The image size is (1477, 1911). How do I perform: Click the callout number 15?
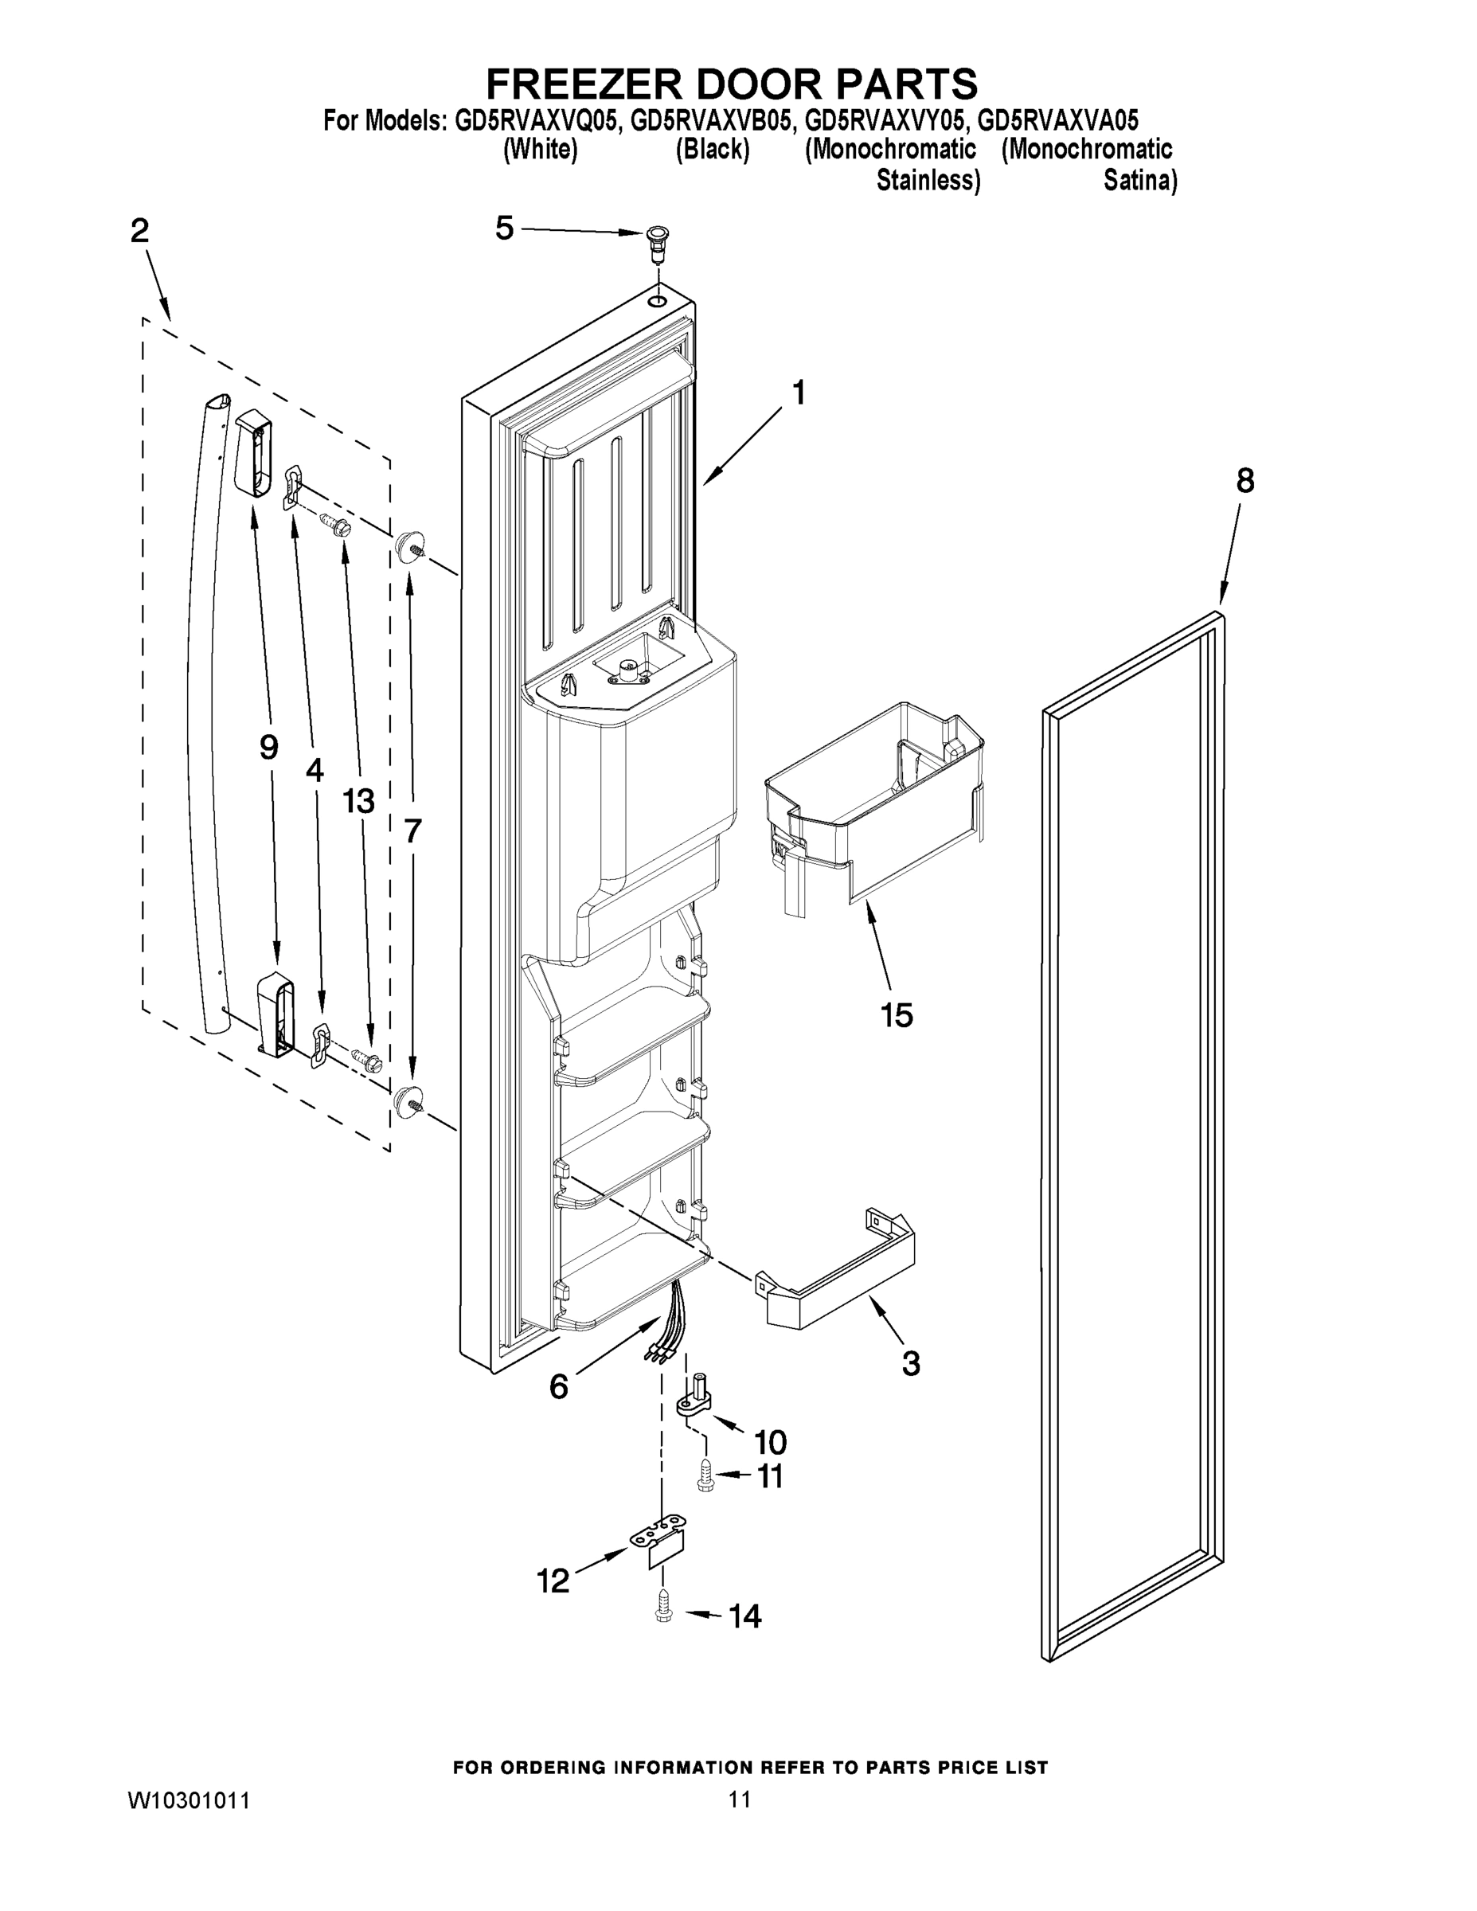(897, 1015)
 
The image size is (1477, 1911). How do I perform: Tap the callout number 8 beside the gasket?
(1245, 480)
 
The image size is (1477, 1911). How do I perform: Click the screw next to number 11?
(705, 1478)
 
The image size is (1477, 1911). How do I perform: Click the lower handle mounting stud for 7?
(407, 1100)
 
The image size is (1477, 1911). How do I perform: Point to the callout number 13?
(359, 800)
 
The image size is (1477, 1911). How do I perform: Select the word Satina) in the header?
(1139, 181)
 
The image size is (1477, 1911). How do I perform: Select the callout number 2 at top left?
(140, 231)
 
